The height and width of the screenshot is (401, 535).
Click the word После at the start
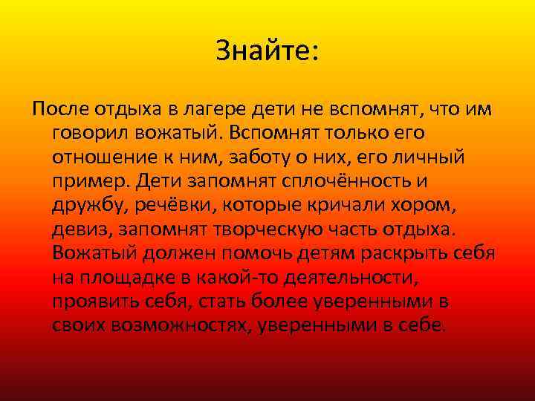(59, 110)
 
